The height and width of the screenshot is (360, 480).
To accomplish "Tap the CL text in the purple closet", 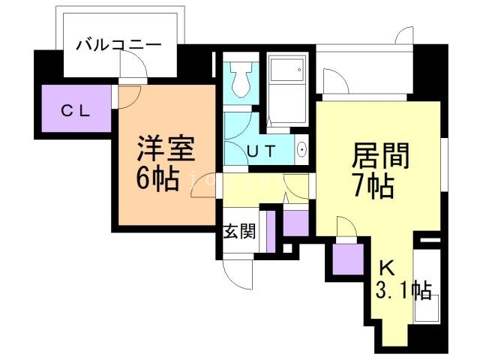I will tap(75, 111).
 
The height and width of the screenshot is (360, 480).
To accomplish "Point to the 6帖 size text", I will tap(157, 178).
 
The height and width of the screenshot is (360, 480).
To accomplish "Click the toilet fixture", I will tap(241, 77).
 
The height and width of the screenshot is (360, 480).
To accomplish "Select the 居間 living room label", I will tap(382, 157).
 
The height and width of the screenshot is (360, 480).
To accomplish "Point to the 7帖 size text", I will tap(373, 185).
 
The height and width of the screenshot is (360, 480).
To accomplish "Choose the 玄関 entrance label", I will tap(239, 231).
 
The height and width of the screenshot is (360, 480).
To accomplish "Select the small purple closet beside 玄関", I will tap(295, 223).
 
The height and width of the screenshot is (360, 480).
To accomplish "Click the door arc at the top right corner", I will tap(403, 35).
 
